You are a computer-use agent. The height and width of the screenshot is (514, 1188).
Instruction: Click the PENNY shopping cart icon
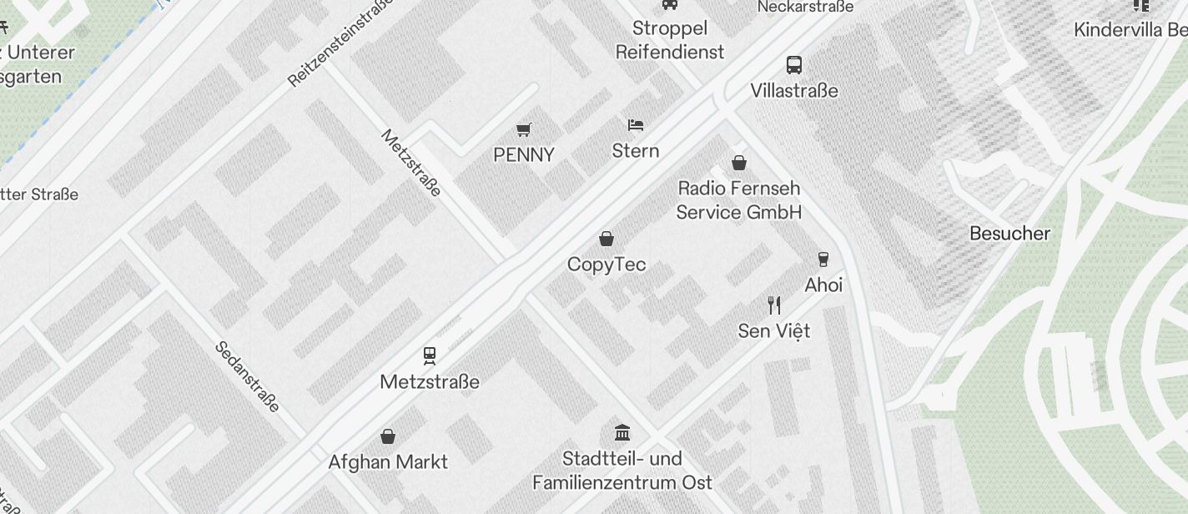coord(524,129)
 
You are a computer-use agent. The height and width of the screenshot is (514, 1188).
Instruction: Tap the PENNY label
coord(524,155)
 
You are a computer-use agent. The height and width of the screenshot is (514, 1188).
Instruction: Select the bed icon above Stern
coord(636,125)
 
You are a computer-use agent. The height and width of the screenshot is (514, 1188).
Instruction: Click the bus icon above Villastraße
coord(794,64)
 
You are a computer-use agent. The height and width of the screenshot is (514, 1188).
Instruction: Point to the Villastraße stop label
coord(794,90)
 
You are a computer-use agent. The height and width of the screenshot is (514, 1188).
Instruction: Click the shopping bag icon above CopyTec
coord(607,239)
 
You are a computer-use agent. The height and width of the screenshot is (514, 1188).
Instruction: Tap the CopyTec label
coord(607,265)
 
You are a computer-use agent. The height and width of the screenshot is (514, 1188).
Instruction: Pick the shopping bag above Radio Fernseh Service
coord(738,162)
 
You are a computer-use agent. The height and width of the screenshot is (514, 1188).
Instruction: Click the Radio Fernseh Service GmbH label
coord(738,200)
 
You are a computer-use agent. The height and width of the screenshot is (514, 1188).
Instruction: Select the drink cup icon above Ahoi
coord(823,259)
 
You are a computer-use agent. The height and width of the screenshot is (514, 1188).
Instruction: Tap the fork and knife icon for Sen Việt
coord(774,305)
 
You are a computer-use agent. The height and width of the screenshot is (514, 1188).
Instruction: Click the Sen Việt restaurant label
coord(774,331)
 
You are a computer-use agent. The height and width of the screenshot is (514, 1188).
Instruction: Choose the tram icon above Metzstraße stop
coord(430,356)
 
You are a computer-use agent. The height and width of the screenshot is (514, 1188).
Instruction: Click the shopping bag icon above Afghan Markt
coord(388,436)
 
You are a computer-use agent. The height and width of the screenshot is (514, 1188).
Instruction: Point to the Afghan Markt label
coord(388,462)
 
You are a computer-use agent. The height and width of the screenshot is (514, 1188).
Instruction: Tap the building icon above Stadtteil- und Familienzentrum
coord(622,432)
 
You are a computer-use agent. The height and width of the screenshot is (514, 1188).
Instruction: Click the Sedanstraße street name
coord(248,376)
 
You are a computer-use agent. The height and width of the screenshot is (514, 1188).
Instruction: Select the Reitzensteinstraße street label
coord(340,44)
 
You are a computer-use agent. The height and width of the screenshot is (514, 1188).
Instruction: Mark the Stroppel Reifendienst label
coord(670,40)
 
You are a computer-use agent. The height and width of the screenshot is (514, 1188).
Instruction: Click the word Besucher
coord(1009,234)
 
